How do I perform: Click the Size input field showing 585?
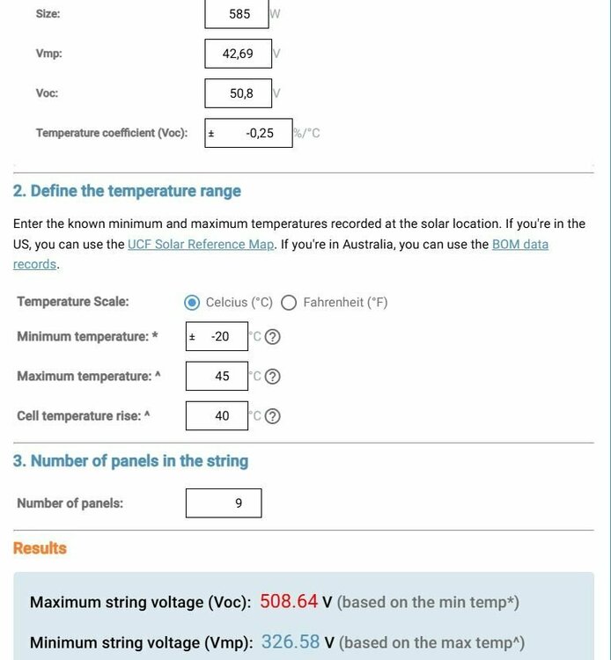tap(238, 14)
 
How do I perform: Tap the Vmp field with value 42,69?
tap(238, 54)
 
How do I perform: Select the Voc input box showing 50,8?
tap(238, 93)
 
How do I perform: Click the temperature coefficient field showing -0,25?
tap(249, 134)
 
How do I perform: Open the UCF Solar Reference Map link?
tap(202, 245)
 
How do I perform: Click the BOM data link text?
tap(519, 245)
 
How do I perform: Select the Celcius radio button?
tap(192, 303)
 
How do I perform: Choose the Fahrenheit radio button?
tap(289, 303)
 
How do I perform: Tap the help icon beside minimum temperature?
tap(273, 337)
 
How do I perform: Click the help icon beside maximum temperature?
tap(273, 377)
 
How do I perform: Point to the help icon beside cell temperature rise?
tap(273, 416)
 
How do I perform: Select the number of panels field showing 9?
tap(224, 503)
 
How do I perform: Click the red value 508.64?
tap(290, 602)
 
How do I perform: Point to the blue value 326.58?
tap(291, 642)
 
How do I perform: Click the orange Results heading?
tap(40, 548)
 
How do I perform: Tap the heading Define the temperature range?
tap(127, 191)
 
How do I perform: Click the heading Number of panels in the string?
tap(130, 461)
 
